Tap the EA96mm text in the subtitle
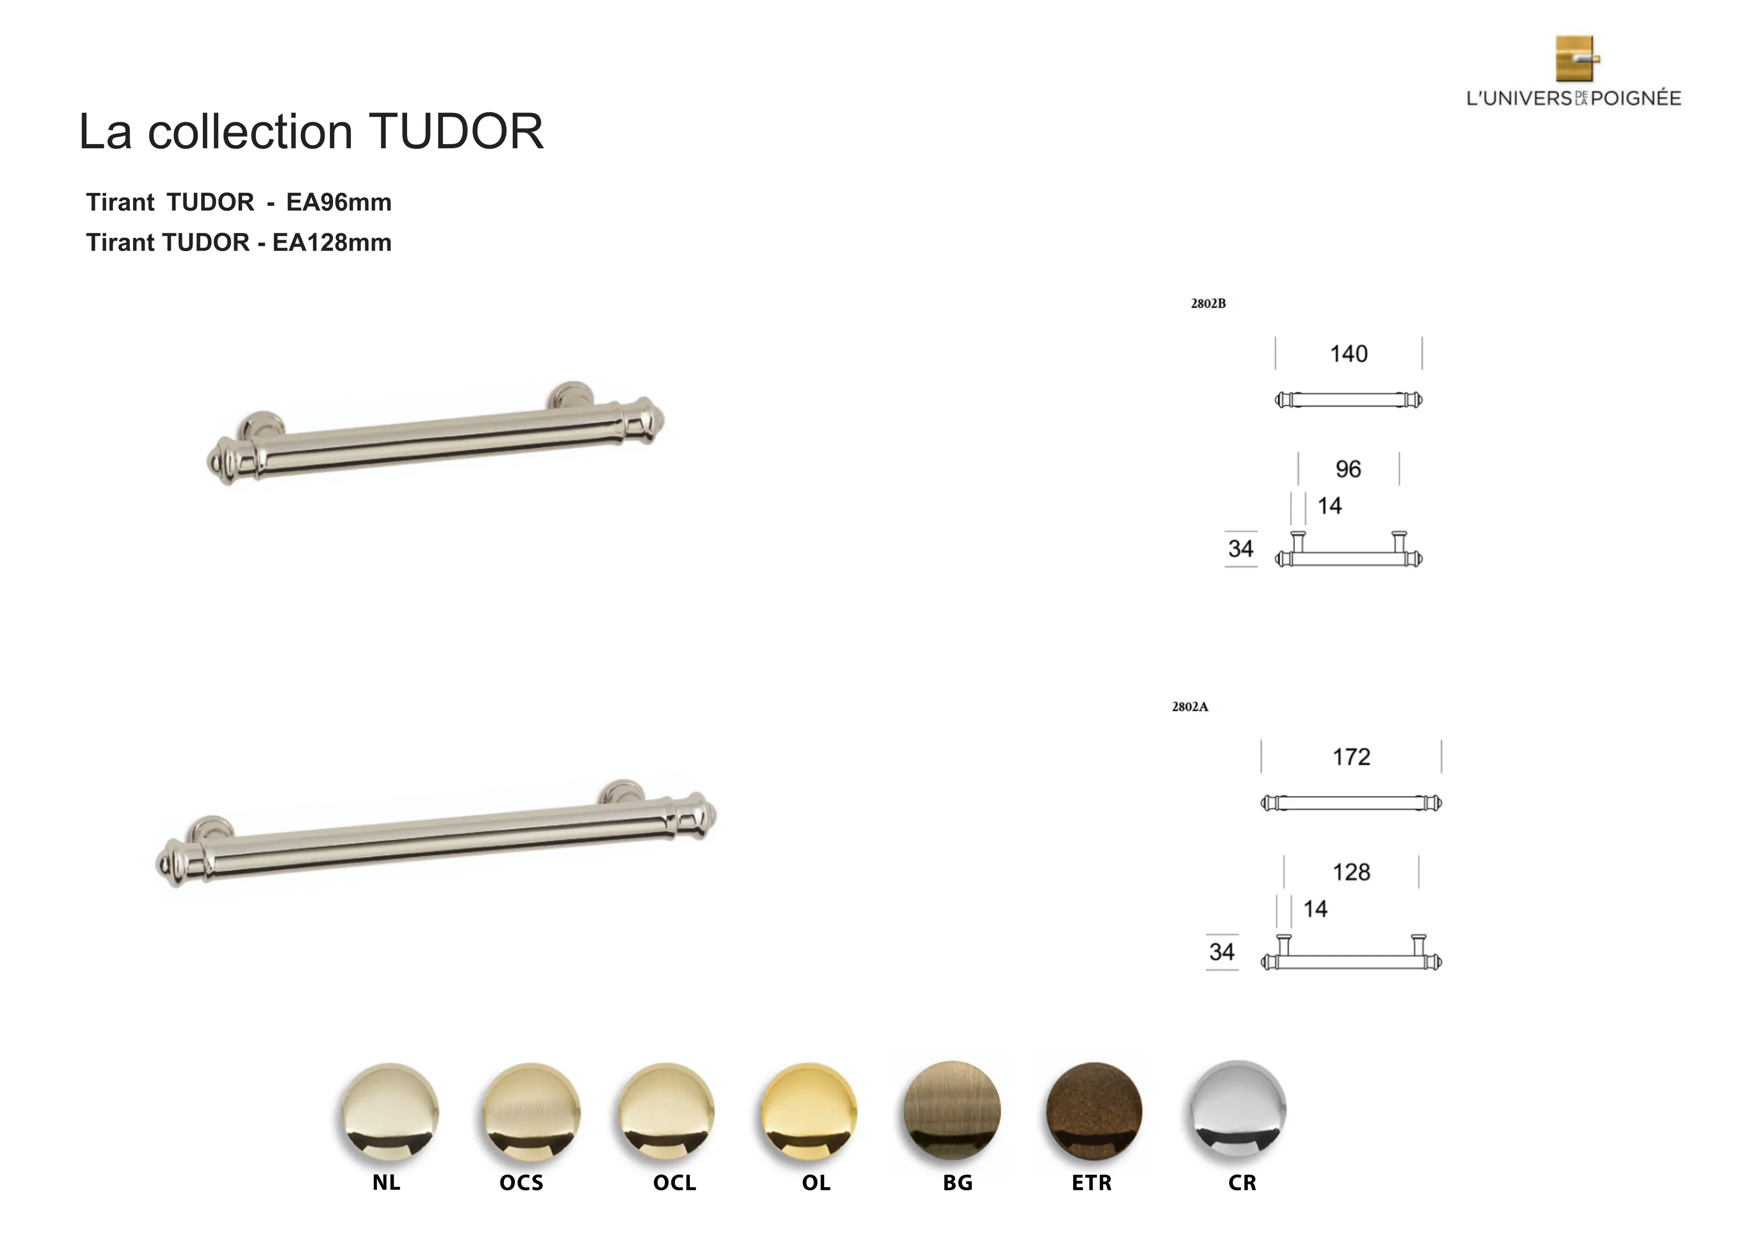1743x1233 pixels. coord(338,203)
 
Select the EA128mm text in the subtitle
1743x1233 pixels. coord(332,243)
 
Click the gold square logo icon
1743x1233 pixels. coord(1577,59)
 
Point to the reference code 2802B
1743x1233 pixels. coord(1208,304)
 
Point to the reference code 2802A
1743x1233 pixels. coord(1189,707)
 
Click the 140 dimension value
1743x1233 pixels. coord(1349,354)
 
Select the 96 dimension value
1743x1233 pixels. coord(1348,469)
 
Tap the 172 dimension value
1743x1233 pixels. coord(1351,757)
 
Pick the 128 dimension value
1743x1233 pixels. coord(1351,873)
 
